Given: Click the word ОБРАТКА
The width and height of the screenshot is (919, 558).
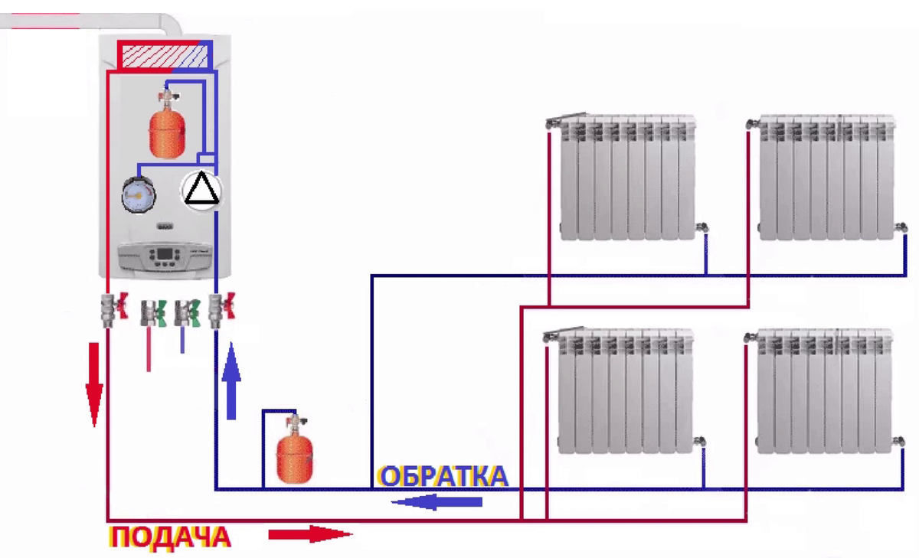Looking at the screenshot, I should coord(443,476).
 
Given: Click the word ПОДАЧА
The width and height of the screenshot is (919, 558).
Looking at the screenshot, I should coord(170,536).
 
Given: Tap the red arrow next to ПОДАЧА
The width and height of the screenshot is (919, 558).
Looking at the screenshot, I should coord(309,534).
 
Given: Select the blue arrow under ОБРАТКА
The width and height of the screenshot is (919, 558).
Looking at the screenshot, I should coord(437,502).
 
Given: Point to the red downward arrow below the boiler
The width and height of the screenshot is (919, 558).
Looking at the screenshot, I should coord(94,383).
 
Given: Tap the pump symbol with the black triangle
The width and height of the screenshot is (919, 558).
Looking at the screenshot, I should coord(202,190).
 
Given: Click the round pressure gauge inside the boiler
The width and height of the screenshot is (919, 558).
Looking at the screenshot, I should coord(138,194).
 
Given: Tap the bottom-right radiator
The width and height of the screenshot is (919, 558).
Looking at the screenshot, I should coord(826,390).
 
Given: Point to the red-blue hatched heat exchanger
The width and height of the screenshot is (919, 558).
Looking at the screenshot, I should coord(163,56).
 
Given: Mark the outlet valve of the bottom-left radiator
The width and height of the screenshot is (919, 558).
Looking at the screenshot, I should coord(701,440).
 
